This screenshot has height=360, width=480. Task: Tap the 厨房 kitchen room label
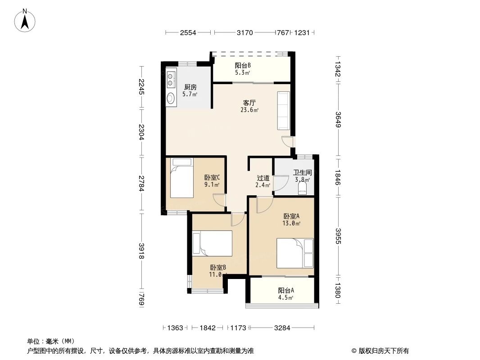[190, 87]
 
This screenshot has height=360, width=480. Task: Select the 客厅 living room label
[249, 103]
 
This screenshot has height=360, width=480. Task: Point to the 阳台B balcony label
[243, 65]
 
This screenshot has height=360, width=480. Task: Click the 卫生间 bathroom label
[302, 172]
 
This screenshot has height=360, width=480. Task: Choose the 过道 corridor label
[263, 178]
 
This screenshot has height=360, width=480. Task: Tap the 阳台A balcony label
[286, 290]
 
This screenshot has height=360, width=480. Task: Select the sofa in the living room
[284, 111]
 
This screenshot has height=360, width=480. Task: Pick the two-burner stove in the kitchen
[171, 79]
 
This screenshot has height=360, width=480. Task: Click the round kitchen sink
[171, 98]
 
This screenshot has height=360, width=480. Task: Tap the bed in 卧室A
[295, 253]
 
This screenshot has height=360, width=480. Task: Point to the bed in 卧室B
[212, 243]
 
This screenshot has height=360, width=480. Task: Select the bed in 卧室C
[182, 178]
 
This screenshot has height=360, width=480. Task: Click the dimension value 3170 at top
[245, 32]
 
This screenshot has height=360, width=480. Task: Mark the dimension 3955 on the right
[338, 236]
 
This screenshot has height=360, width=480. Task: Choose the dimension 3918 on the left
[141, 251]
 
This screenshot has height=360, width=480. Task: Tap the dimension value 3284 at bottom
[282, 328]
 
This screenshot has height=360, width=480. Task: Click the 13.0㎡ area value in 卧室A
[291, 223]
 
